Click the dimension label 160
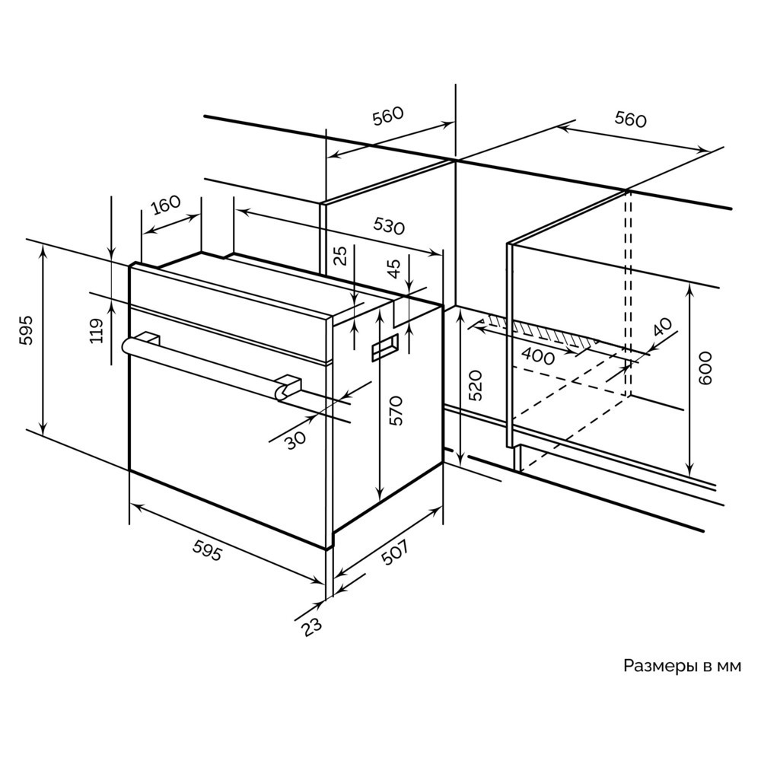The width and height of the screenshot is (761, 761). coord(165,205)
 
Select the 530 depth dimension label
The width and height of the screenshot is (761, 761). coord(389,225)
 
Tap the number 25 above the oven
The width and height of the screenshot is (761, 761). coord(342,255)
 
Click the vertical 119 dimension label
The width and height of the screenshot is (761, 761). coord(98,330)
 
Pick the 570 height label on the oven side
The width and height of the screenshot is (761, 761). coord(396,411)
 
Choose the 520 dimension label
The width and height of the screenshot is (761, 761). coord(476,385)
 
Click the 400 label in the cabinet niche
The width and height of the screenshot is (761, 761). coord(537,357)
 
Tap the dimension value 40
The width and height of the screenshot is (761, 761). coord(663,327)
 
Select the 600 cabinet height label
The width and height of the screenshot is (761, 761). coord(705,368)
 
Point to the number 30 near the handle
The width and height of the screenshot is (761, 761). coord(295,440)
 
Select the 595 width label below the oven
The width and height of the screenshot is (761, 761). coord(208,550)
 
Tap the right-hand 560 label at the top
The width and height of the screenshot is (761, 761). coord(630,119)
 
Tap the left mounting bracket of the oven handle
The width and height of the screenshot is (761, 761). coord(148,338)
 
